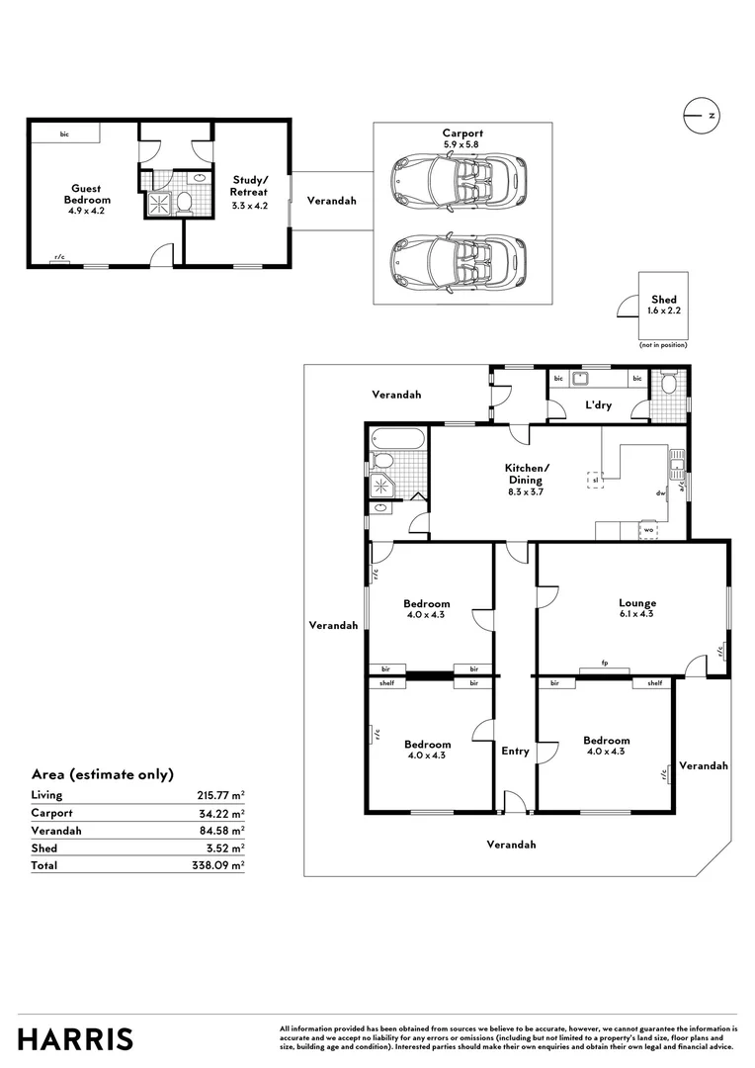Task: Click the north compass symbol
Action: pos(700,116)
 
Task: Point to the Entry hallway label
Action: pos(515,752)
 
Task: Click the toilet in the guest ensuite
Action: pos(184,205)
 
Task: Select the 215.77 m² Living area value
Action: pos(220,795)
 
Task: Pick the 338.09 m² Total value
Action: pos(220,865)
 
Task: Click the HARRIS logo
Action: pos(75,1039)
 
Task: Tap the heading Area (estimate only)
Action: pos(103,774)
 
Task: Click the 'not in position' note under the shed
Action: pos(662,344)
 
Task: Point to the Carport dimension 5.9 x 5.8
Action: pos(462,144)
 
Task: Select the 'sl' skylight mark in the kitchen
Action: pos(595,480)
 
